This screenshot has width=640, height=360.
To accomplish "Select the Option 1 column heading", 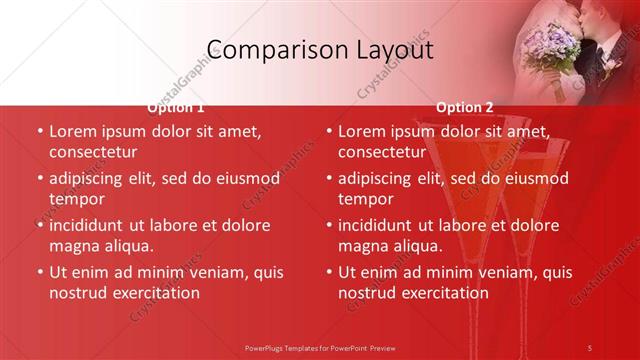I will [176, 107].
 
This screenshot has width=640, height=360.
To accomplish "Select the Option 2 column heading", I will [465, 107].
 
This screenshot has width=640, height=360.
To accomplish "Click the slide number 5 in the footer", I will [590, 347].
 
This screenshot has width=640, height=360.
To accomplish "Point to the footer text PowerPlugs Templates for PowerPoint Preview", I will [320, 347].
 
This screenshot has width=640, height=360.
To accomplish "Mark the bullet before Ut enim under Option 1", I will [40, 272].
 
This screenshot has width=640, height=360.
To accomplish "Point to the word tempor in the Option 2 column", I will [365, 199].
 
